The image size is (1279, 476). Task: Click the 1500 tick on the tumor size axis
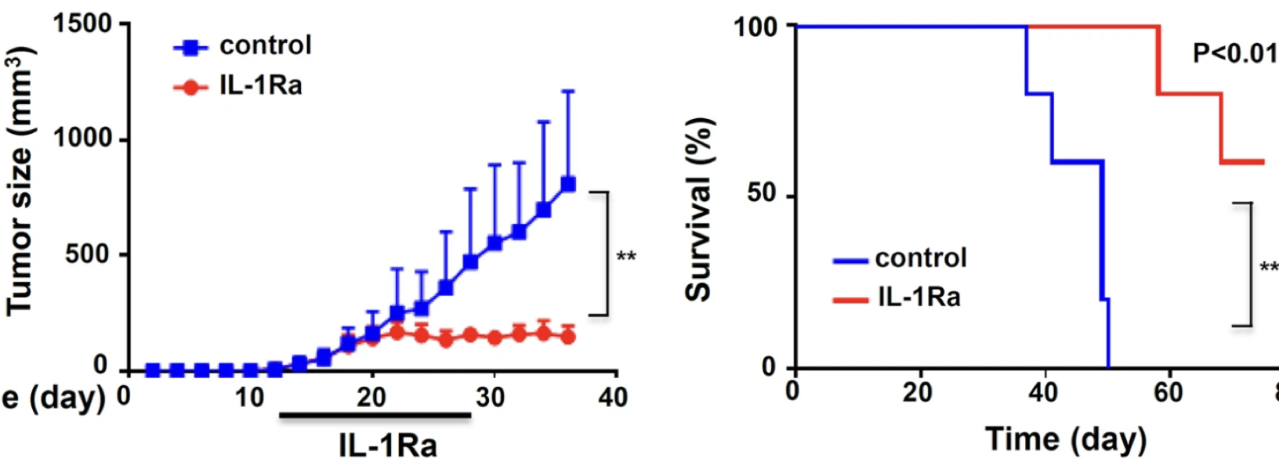coord(82,24)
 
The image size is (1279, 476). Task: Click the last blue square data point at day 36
coord(568,184)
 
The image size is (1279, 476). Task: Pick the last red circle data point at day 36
coord(568,337)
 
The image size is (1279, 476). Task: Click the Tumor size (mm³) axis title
coord(20,180)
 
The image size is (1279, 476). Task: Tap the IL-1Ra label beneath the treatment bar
coord(388,446)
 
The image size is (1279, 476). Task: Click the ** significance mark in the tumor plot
coord(626,257)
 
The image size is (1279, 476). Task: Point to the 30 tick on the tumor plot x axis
coord(491,398)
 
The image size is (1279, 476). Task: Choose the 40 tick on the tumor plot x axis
coord(613,398)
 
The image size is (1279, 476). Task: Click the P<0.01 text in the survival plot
coord(1234,53)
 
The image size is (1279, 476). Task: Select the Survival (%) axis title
coord(699,209)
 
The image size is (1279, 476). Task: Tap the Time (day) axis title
coord(1066,439)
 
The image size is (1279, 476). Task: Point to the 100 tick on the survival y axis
coord(755,27)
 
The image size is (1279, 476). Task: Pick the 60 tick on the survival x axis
coord(1168,391)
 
